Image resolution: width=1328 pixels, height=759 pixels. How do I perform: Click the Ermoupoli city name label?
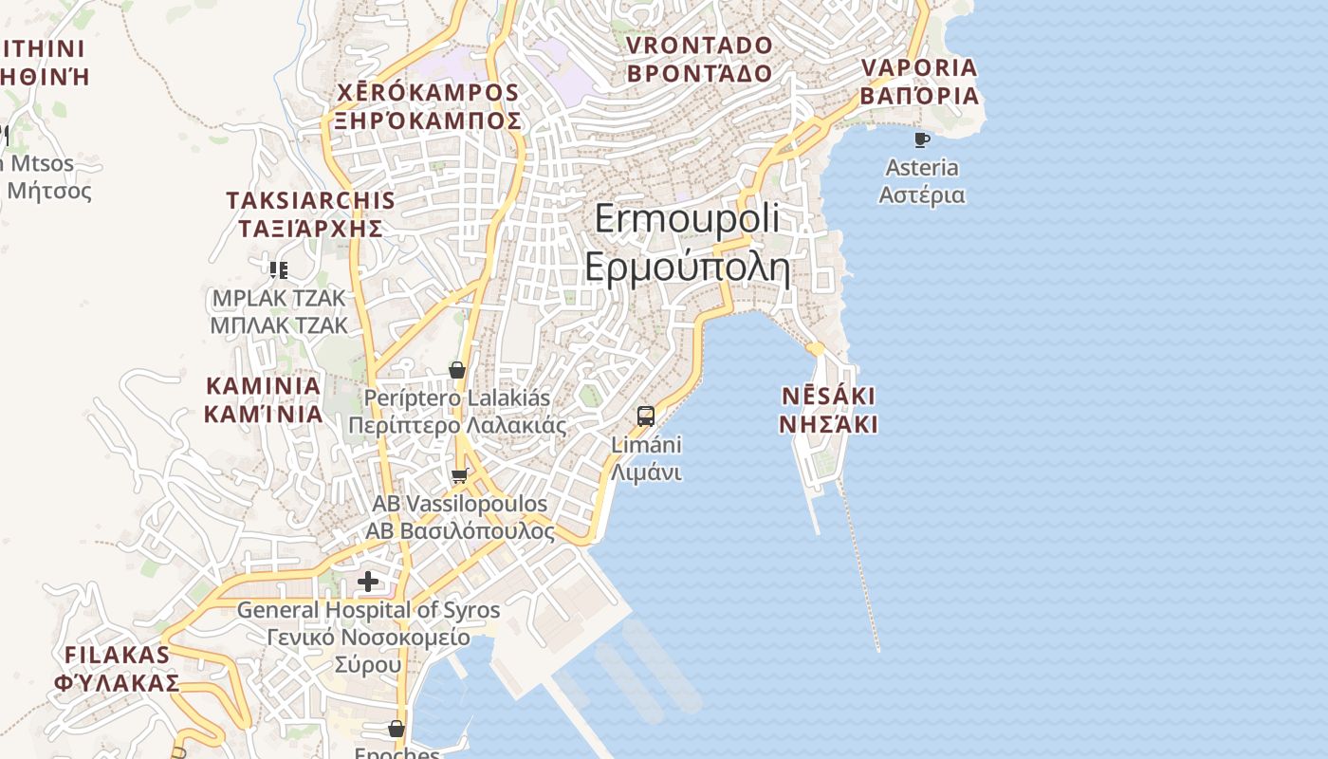coord(687,219)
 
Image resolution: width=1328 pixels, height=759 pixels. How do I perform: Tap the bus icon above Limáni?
coord(646,416)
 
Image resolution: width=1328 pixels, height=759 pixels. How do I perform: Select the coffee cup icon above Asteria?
coord(921,140)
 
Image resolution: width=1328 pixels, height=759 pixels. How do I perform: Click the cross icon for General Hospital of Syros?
coord(368,581)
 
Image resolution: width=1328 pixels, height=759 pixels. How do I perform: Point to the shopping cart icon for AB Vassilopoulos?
coord(460,475)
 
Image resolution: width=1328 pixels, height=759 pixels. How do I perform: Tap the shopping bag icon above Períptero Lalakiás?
coord(457,370)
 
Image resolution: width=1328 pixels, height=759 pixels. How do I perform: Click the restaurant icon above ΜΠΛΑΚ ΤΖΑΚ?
coord(278,270)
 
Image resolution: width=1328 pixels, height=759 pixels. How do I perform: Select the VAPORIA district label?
coord(918,68)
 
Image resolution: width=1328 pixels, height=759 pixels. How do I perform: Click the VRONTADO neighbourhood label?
coord(699,46)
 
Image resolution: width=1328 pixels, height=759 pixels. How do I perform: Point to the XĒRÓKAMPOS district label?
coord(429,93)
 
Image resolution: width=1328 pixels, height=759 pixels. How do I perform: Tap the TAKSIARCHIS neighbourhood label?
coord(310,200)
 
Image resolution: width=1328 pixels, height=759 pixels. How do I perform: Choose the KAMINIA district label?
coord(263,386)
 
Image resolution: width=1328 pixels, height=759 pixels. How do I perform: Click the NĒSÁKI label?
coord(828,396)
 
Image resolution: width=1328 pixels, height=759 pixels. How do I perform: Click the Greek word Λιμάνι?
coord(646,472)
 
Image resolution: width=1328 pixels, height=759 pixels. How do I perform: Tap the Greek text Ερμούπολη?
coord(687,268)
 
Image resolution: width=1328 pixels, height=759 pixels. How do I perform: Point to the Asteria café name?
coord(921,168)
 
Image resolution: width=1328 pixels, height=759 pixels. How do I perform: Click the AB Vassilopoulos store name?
coord(460,504)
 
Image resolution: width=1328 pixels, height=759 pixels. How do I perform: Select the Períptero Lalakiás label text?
coord(457,398)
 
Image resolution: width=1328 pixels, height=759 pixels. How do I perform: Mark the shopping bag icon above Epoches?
coord(397,729)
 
